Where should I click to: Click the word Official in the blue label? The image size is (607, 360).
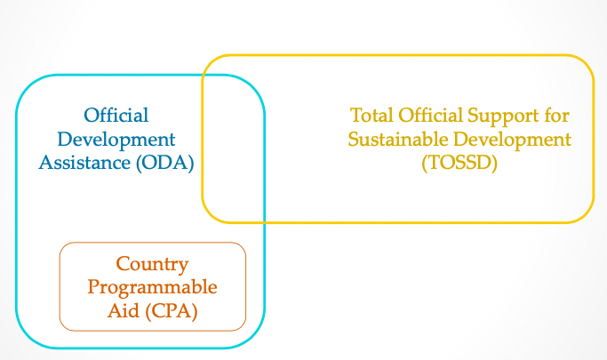click(x=116, y=116)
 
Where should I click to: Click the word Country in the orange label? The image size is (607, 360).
click(x=153, y=265)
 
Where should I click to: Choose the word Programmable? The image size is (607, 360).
click(x=153, y=288)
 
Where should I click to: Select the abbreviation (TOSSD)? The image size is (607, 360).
click(x=459, y=164)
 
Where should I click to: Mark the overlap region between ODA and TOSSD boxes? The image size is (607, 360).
click(x=234, y=147)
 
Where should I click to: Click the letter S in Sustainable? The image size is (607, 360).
click(x=354, y=140)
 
